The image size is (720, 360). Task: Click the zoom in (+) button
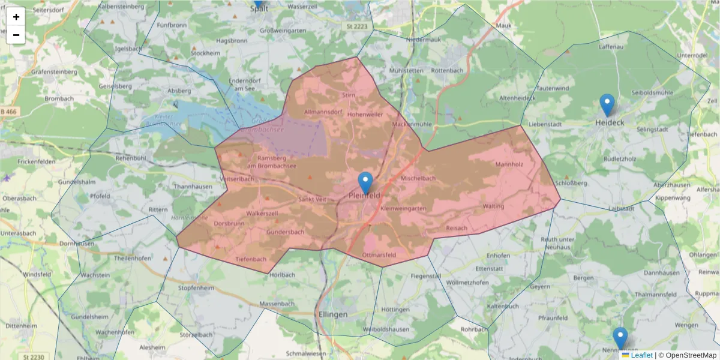[x=16, y=17]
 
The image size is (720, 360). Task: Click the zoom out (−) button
[x=16, y=35]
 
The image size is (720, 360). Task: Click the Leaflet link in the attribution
[x=641, y=355]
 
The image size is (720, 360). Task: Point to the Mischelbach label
[x=418, y=178]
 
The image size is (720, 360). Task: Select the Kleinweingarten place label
[x=403, y=208]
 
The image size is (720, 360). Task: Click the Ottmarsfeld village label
[x=379, y=255]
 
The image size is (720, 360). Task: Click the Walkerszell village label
[x=262, y=213]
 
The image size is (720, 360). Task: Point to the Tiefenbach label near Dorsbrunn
[x=251, y=259]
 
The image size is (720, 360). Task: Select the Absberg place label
[x=179, y=91]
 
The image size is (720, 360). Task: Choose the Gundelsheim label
[x=89, y=316]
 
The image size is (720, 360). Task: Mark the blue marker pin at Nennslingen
[x=620, y=338]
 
